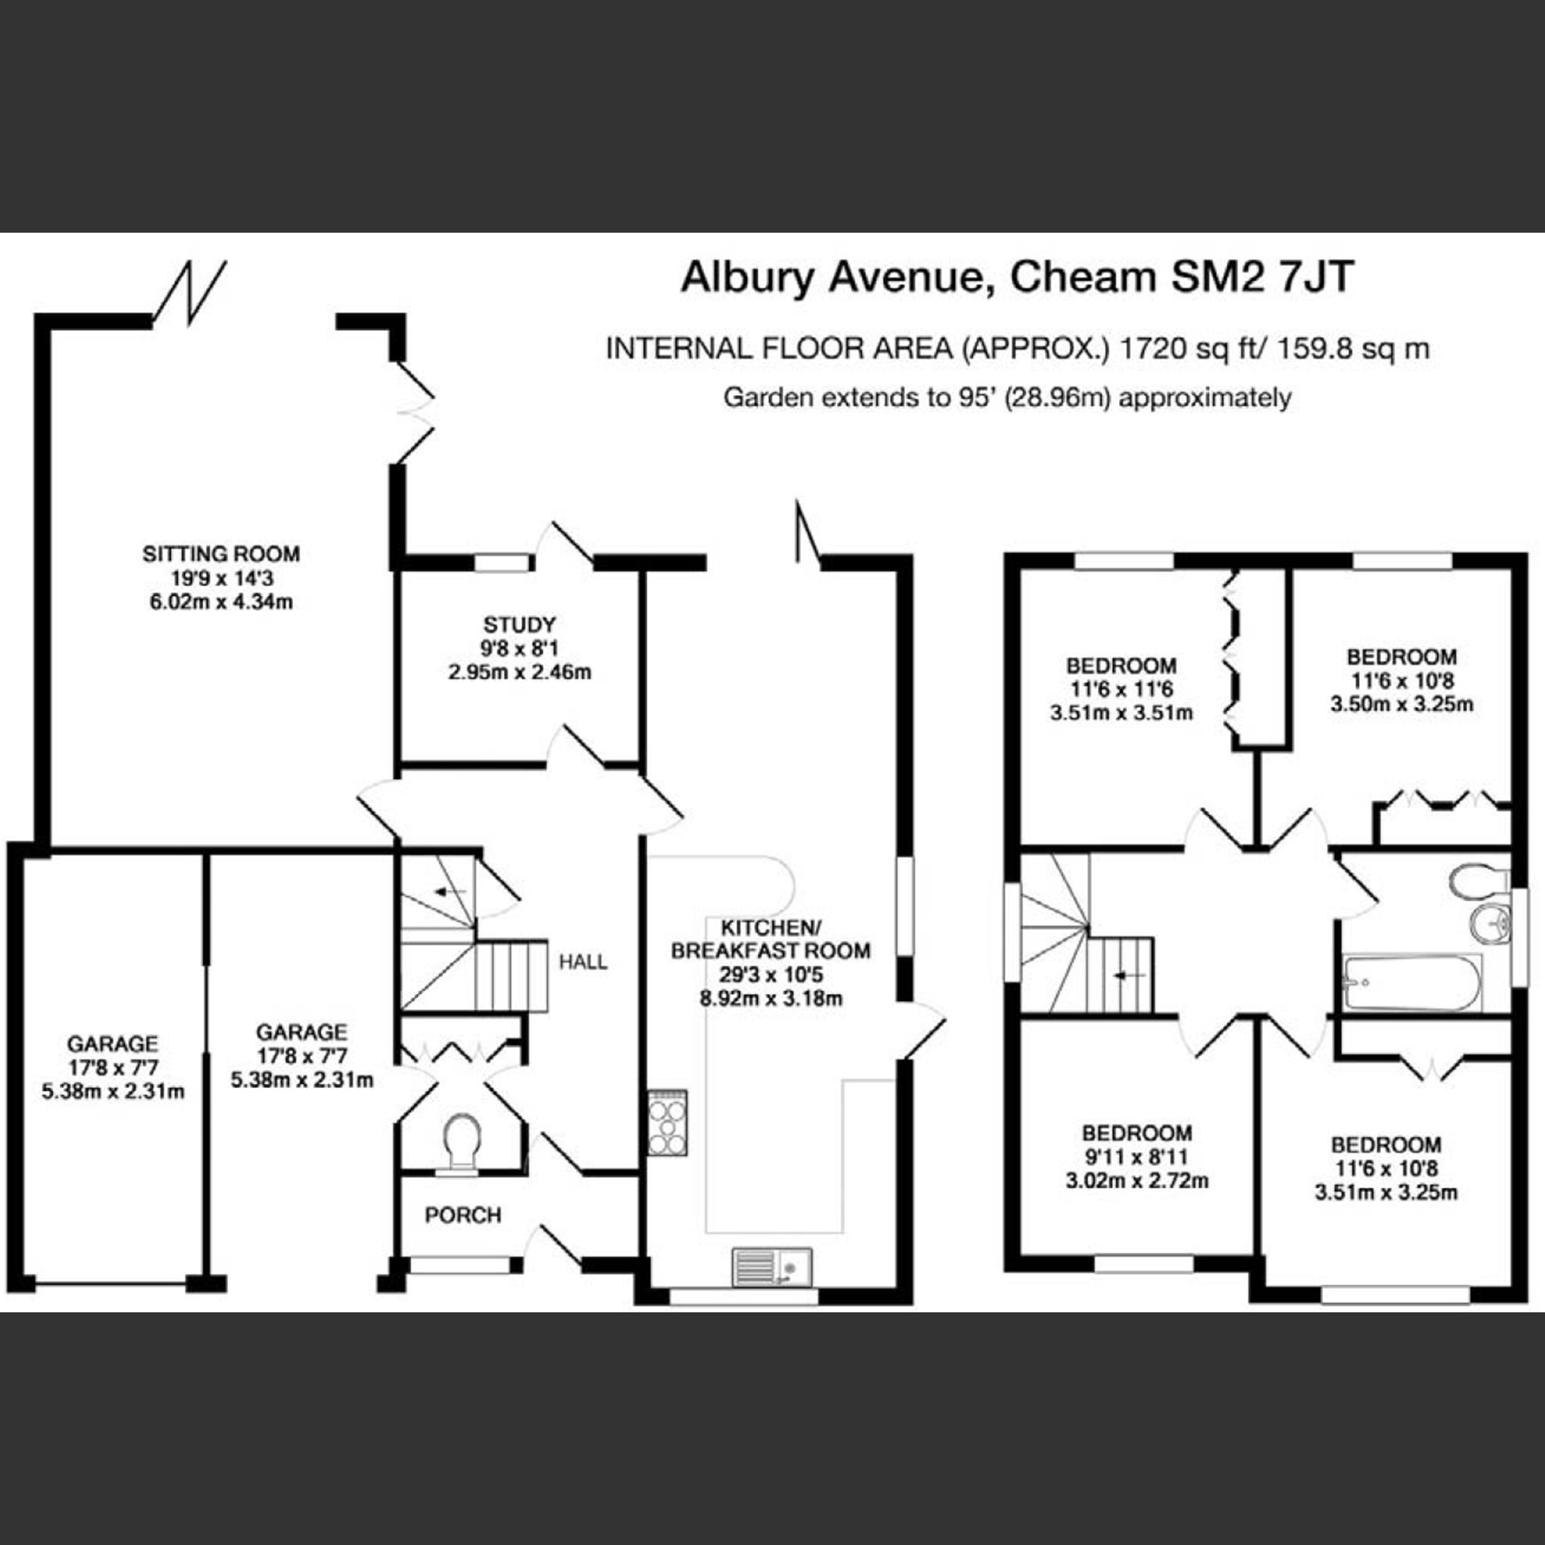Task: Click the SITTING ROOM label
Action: click(x=221, y=553)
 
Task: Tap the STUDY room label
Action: click(x=519, y=624)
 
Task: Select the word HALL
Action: click(x=583, y=962)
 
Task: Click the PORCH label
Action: click(x=463, y=1216)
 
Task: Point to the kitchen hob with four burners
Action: click(x=667, y=1122)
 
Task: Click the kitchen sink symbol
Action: click(x=771, y=1268)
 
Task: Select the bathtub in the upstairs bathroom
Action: click(x=1412, y=983)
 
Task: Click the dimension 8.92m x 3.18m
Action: click(x=771, y=998)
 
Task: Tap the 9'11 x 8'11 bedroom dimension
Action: click(x=1136, y=1157)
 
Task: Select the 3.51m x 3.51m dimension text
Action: click(x=1121, y=712)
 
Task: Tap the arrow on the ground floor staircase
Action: click(x=451, y=891)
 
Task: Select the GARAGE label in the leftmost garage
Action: click(x=113, y=1043)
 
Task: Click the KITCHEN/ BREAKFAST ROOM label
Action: click(x=770, y=940)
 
